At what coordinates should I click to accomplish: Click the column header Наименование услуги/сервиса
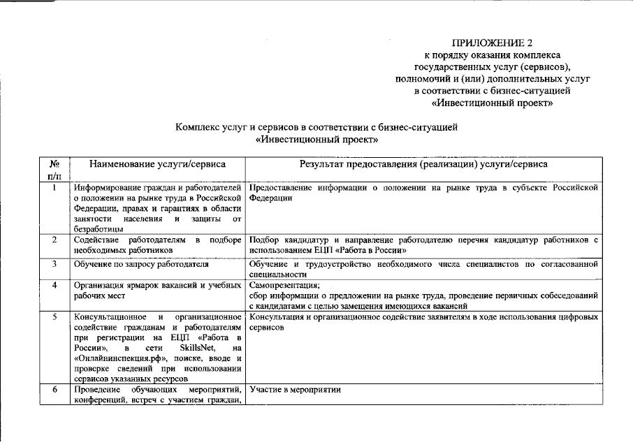click(x=157, y=164)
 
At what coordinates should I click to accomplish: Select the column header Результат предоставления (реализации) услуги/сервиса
click(x=424, y=164)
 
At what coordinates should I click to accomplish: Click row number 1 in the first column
click(x=54, y=188)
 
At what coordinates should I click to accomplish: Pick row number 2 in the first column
click(x=54, y=240)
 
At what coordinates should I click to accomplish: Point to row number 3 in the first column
click(x=54, y=264)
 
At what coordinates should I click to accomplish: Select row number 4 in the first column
click(x=54, y=285)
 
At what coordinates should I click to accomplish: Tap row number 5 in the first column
click(x=54, y=317)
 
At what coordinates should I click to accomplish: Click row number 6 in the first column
click(x=54, y=389)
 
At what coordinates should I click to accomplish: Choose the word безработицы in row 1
click(x=99, y=228)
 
